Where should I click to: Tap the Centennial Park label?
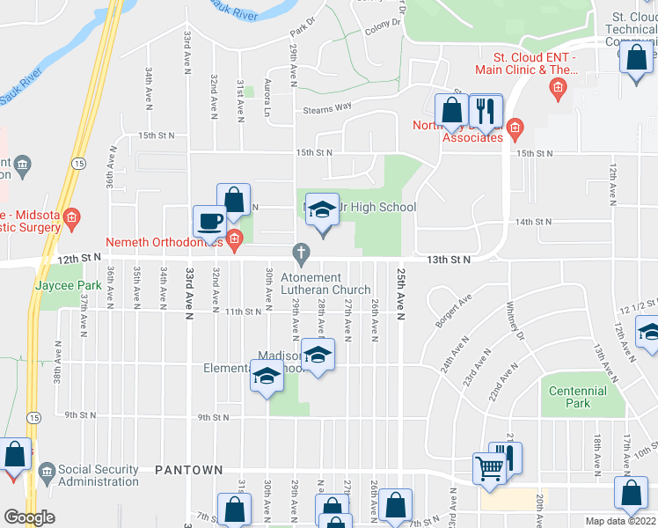(x=578, y=397)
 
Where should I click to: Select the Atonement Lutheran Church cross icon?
(x=302, y=255)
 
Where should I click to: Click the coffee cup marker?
(x=209, y=221)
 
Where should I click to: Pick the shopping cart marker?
(x=489, y=468)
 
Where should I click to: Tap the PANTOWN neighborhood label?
(x=188, y=471)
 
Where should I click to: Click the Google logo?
(x=29, y=517)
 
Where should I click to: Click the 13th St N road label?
(x=450, y=260)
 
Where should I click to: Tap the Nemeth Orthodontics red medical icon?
(x=234, y=238)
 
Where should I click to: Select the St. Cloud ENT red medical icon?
(x=556, y=87)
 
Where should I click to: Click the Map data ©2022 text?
(x=620, y=521)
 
